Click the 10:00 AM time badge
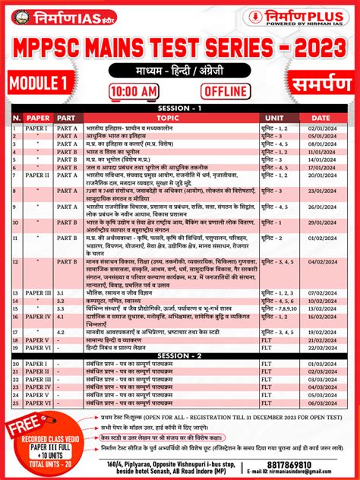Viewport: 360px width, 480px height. tap(134, 91)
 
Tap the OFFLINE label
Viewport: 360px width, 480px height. tap(226, 91)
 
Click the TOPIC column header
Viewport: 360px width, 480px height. tap(167, 118)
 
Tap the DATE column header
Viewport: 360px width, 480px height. tap(321, 118)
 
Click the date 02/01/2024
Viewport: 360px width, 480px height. tap(321, 129)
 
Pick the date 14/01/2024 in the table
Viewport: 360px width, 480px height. tap(321, 160)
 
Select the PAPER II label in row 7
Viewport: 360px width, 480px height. tap(38, 175)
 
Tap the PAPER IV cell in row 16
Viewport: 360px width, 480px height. tap(38, 315)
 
